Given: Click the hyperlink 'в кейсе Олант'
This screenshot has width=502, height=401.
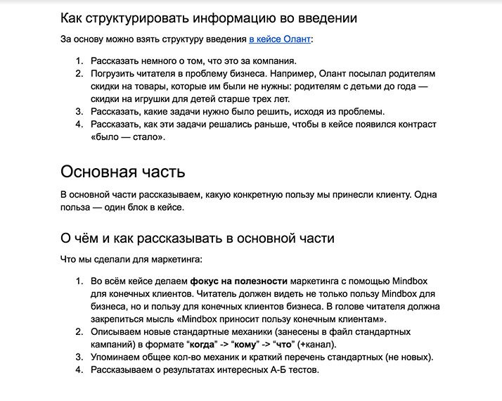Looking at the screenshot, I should tap(280, 39).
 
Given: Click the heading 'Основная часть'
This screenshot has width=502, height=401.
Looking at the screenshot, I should tap(123, 171).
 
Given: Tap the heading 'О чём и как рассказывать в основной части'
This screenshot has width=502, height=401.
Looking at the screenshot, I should tap(197, 238).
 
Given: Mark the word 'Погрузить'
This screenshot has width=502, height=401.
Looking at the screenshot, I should tap(115, 74).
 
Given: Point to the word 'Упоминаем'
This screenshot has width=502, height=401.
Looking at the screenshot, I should tap(118, 357).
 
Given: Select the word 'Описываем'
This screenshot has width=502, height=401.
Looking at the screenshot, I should tap(117, 331).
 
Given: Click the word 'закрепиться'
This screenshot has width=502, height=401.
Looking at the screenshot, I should tap(119, 319).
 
